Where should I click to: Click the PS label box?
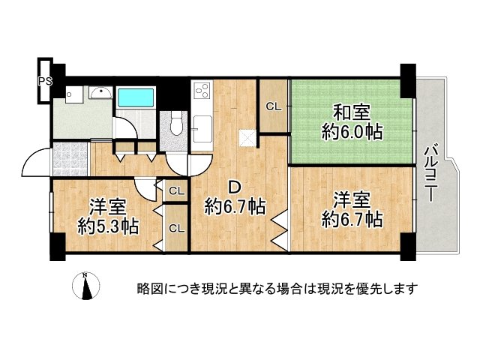45,78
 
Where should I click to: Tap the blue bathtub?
135,98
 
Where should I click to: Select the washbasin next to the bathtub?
100,94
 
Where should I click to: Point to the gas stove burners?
202,92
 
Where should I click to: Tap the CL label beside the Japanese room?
273,106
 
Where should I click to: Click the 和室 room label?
351,113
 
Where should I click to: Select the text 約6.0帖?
352,133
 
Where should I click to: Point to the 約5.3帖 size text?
108,225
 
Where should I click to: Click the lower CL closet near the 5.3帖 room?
176,228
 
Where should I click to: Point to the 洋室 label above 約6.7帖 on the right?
352,200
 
